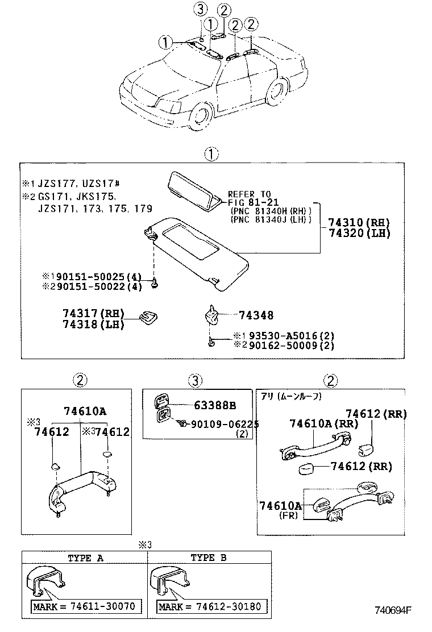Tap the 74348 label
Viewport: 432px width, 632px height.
[x=256, y=315]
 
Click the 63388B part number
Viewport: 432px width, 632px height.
[x=214, y=405]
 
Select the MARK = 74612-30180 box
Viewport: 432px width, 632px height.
[x=210, y=606]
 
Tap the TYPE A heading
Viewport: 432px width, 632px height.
[x=85, y=558]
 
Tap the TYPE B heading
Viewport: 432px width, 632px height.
[x=209, y=558]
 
